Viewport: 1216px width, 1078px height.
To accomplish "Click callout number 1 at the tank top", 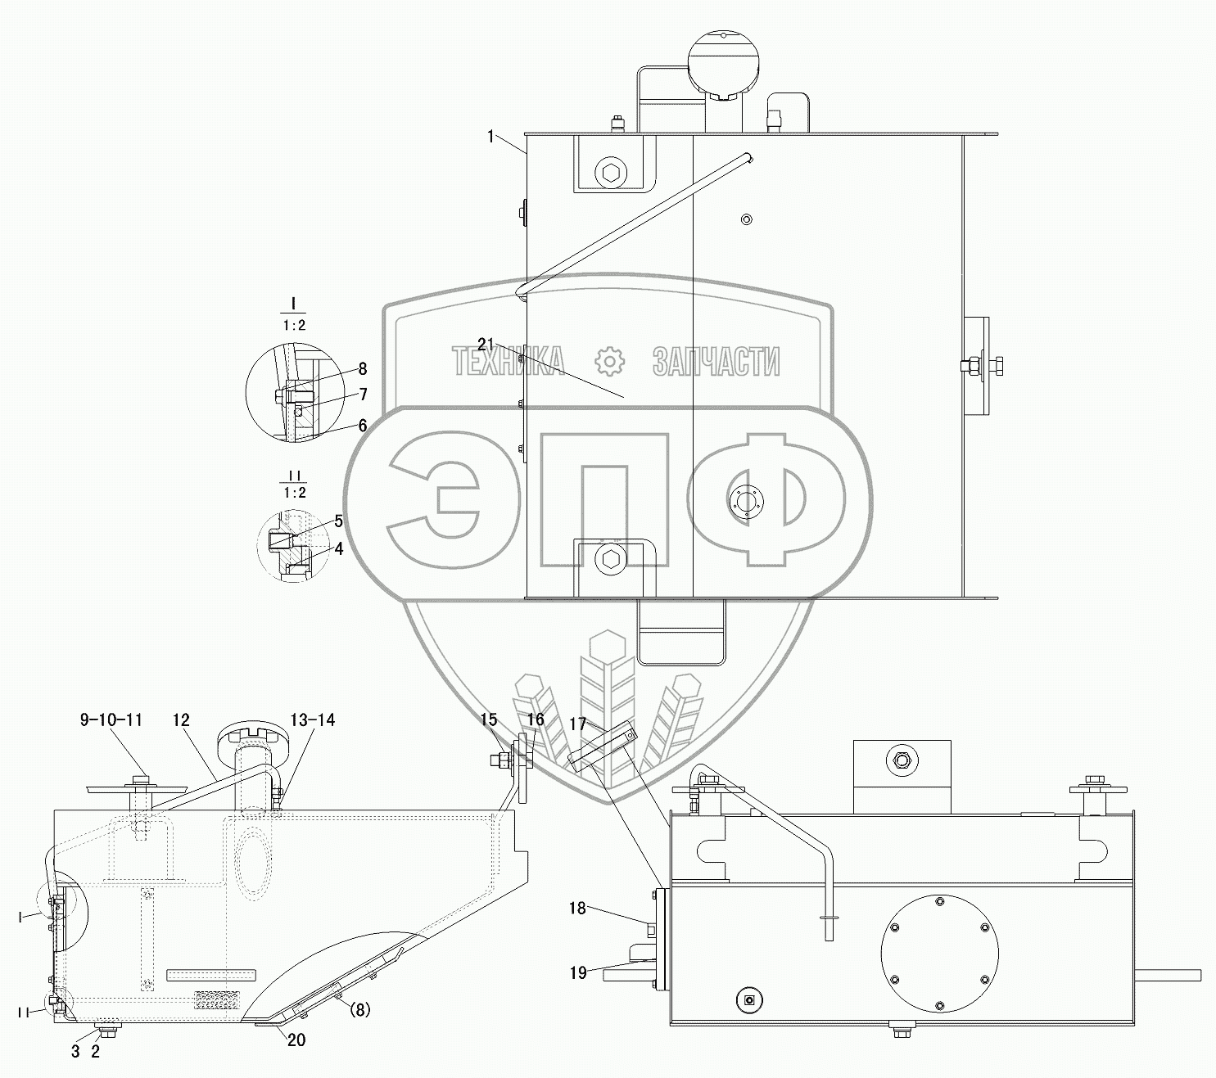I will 490,137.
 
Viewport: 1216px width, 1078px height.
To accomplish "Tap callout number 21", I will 486,345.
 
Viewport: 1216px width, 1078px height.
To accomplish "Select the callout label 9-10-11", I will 111,720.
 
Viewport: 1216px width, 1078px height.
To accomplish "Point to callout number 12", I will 181,720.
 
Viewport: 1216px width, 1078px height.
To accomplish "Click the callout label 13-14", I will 312,720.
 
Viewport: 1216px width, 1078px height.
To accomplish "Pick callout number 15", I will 489,720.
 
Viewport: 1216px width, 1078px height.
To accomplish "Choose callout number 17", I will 578,724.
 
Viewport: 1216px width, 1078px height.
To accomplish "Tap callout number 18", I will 578,908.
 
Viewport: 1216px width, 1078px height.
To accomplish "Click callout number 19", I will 578,972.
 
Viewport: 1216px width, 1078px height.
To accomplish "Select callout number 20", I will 296,1041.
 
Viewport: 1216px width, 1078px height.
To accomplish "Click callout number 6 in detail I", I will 362,426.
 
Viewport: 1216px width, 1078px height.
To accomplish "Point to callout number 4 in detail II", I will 338,548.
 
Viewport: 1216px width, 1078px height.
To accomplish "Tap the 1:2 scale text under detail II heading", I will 294,493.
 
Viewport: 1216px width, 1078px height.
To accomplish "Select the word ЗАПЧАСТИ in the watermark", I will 716,361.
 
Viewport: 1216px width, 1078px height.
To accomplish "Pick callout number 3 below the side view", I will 75,1052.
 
